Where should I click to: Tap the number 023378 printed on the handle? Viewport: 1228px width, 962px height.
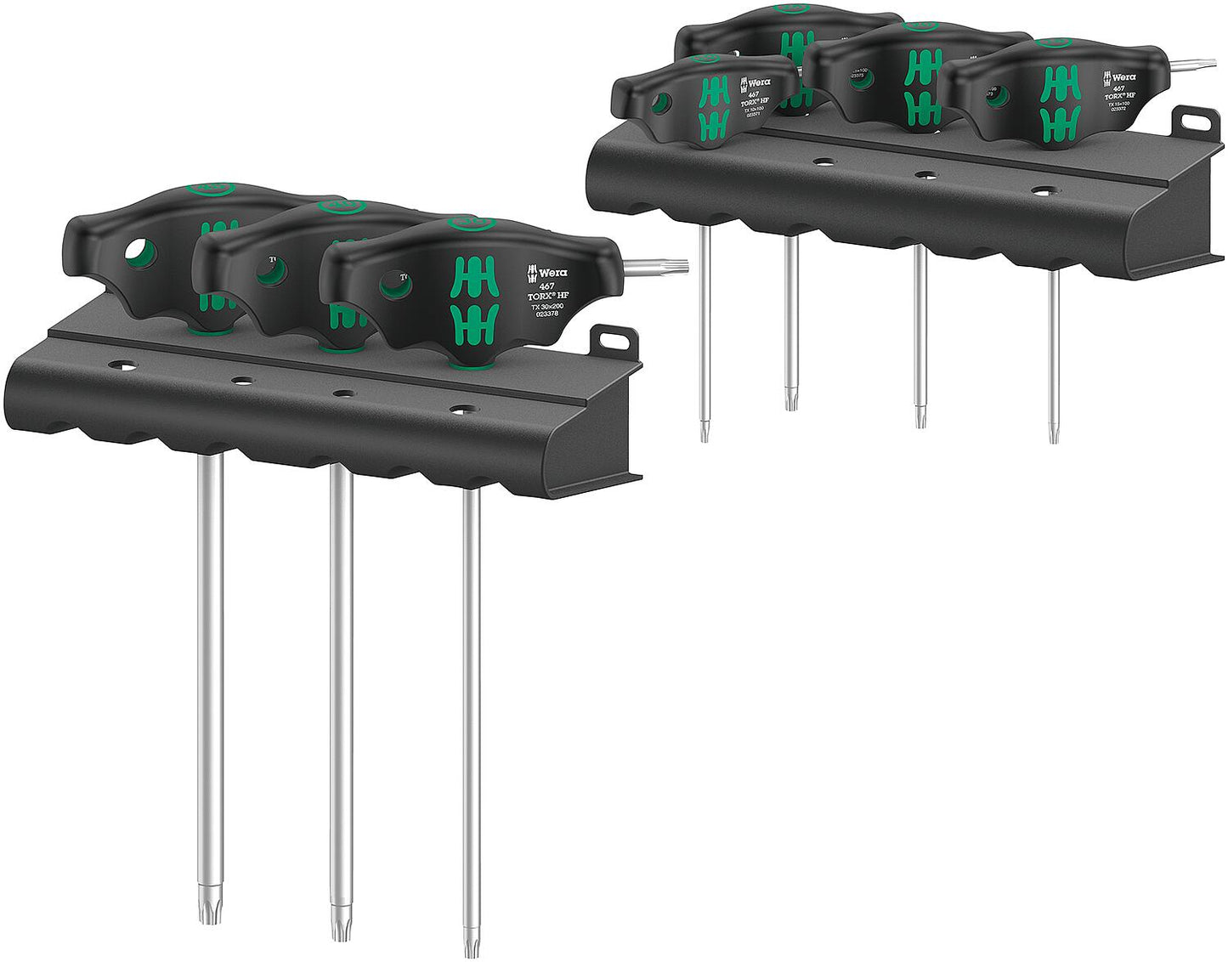(547, 314)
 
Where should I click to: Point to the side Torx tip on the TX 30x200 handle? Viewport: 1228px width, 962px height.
(671, 268)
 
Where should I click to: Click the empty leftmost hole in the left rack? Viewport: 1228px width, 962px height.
(125, 366)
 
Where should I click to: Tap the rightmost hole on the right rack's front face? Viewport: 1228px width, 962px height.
(1041, 190)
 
